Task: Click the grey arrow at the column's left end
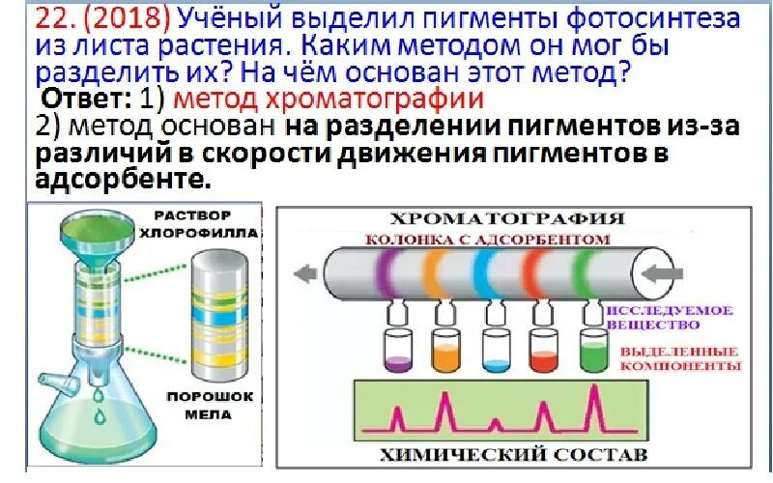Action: (x=306, y=273)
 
